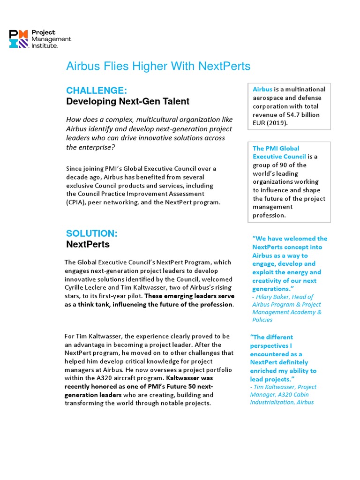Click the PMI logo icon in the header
pos(18,39)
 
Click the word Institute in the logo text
pos(44,46)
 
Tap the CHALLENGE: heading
pos(97,90)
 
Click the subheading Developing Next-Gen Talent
pos(127,101)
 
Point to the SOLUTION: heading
pos(92,233)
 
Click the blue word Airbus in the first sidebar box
pos(262,89)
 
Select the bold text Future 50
pos(184,386)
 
